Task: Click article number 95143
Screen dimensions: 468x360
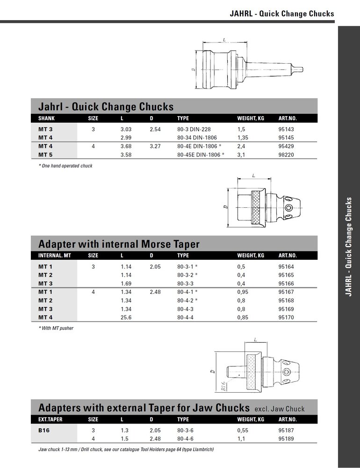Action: [286, 129]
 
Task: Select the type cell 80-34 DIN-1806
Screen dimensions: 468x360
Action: [198, 137]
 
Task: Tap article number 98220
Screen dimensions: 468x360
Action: [286, 154]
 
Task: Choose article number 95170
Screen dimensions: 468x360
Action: [286, 317]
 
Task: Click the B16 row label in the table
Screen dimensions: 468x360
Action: [44, 430]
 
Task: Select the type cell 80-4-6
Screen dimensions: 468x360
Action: [186, 439]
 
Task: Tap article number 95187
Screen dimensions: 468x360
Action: [286, 430]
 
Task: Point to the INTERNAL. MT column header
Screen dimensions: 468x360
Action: [54, 256]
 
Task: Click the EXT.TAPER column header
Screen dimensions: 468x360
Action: [50, 419]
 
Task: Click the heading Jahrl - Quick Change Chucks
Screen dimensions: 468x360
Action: [106, 106]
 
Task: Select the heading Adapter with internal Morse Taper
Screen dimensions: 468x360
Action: [119, 244]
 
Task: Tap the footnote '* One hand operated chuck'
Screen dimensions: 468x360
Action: [65, 166]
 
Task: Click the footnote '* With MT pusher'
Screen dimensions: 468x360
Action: [56, 329]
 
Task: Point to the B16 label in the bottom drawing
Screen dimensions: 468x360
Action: [223, 386]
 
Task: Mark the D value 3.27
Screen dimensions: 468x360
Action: [155, 146]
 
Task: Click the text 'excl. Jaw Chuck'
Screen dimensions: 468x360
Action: [279, 409]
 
